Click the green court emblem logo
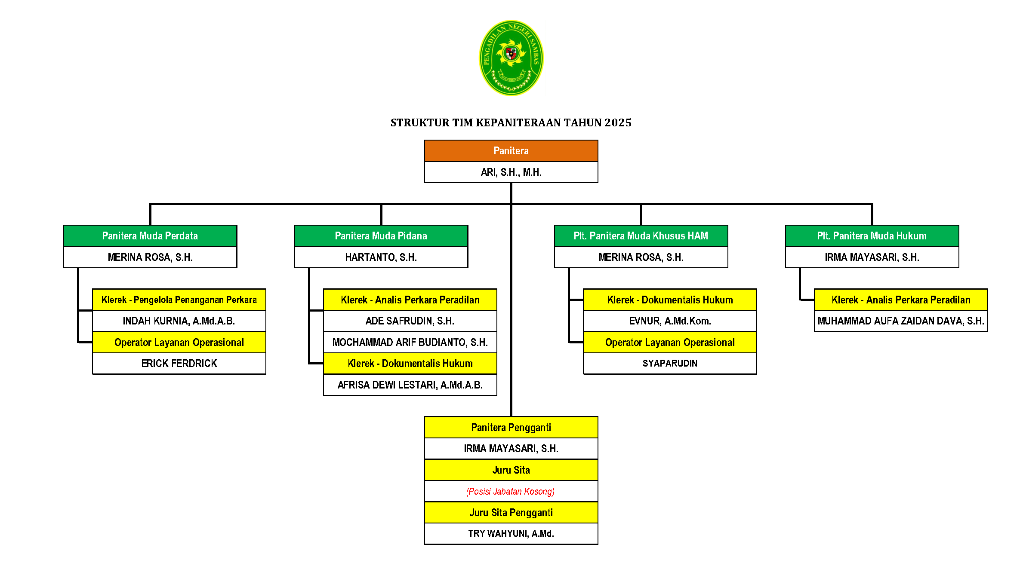pos(511,58)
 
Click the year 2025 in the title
pos(618,123)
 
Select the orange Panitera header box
pos(511,151)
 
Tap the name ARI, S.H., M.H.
pos(511,172)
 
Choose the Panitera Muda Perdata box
pos(150,236)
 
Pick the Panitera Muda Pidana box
pos(381,236)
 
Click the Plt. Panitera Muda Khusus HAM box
pos(641,236)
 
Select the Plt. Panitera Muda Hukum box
pos(872,236)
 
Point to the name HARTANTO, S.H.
pos(381,257)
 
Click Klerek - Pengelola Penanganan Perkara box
pos(179,300)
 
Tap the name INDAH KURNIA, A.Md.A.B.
pos(179,321)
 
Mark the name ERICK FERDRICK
pos(179,364)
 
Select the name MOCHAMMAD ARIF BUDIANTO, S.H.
pos(410,343)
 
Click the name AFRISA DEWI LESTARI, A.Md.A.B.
pos(410,385)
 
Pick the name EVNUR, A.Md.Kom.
pos(670,321)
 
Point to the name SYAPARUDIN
pos(670,364)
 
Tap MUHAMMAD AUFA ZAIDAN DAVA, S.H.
pos(901,321)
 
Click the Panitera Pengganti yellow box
pos(511,428)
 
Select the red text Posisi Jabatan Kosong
pos(511,492)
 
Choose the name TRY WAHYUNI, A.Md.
pos(511,534)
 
